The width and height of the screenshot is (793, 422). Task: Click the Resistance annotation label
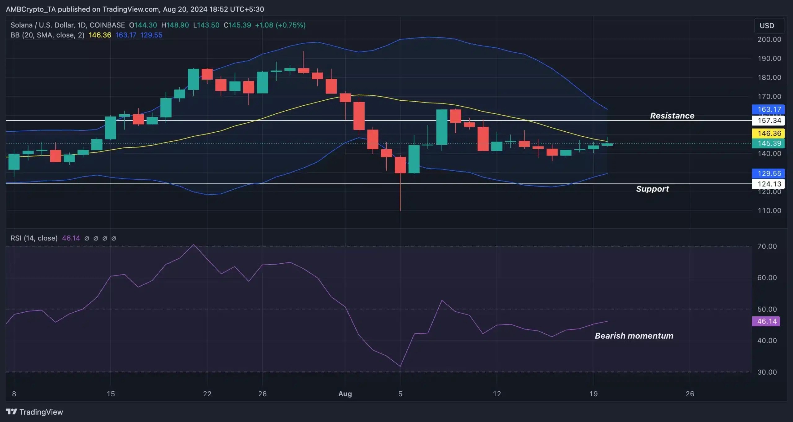click(672, 116)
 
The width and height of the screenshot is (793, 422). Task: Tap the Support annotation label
click(652, 189)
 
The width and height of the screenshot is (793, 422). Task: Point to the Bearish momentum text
click(634, 336)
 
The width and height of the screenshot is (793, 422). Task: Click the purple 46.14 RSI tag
click(767, 321)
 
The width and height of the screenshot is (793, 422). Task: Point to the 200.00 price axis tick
click(769, 39)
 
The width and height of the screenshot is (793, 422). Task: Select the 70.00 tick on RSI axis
click(767, 246)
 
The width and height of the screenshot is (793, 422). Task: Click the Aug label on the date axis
click(345, 394)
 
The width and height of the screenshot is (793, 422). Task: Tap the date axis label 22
click(207, 394)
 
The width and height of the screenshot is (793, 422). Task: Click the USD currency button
click(767, 26)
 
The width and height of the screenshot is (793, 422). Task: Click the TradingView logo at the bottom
click(34, 412)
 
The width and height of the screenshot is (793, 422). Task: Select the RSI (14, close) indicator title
click(34, 238)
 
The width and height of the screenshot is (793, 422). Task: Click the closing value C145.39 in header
click(237, 25)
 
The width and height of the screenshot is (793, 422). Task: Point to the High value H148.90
click(175, 25)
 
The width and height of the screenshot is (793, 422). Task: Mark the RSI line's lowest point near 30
click(400, 366)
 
